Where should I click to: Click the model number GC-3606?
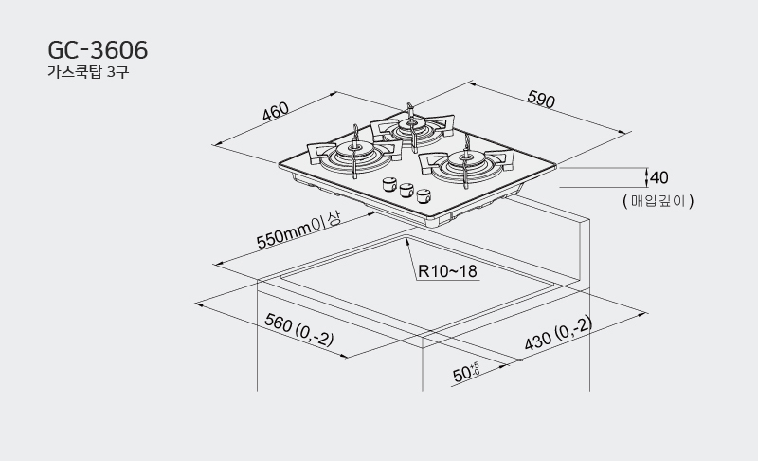click(x=98, y=50)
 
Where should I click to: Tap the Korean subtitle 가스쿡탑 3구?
click(x=88, y=72)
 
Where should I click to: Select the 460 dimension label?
click(x=276, y=111)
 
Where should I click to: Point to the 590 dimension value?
click(x=541, y=99)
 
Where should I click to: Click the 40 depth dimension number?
click(x=659, y=177)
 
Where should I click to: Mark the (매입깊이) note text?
click(x=659, y=200)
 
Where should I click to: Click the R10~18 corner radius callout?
click(x=447, y=271)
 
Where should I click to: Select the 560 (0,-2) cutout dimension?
click(x=299, y=329)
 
